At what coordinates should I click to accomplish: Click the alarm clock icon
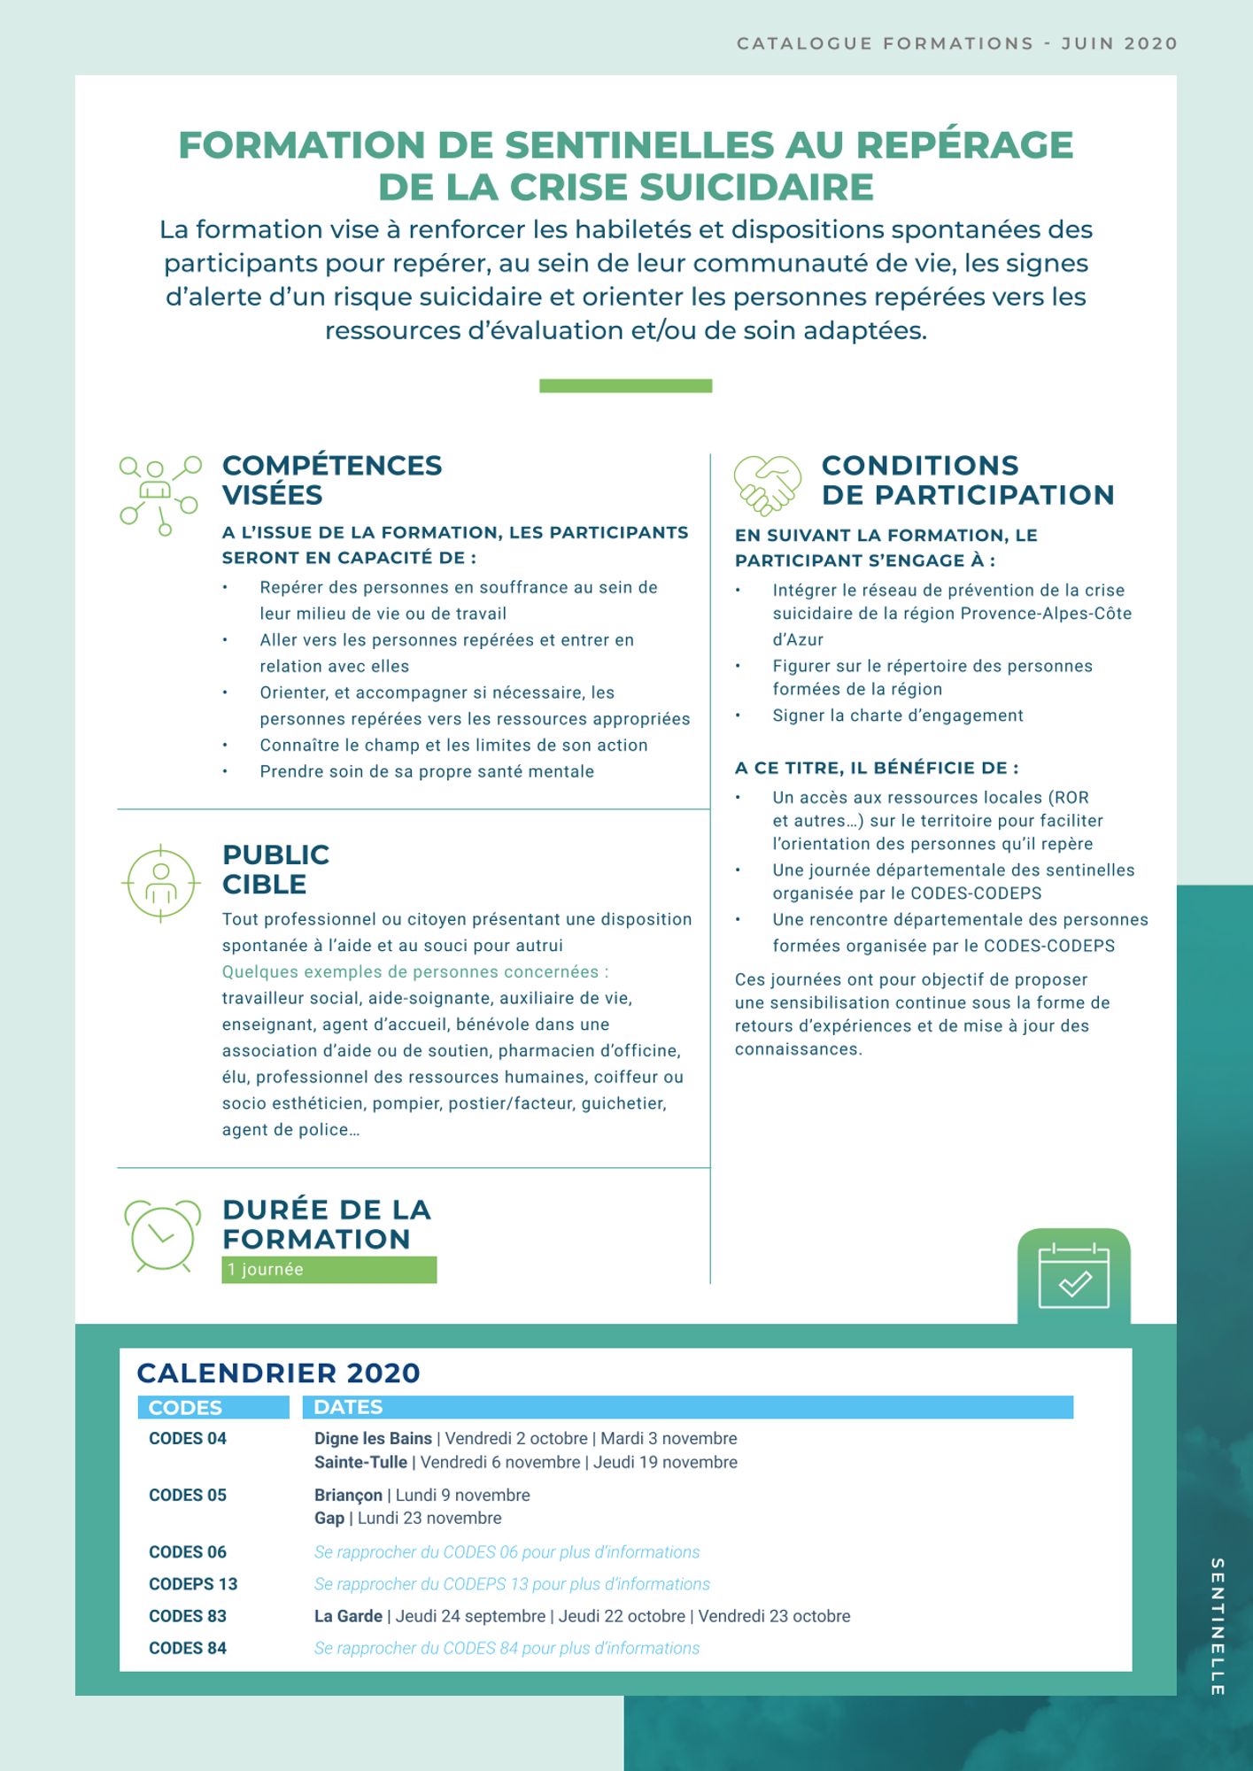[x=162, y=1235]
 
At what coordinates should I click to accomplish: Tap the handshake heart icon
[x=767, y=483]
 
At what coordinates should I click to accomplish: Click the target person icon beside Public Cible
[x=160, y=882]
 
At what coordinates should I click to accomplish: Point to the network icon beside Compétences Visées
[x=160, y=494]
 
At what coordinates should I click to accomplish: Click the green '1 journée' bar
[x=329, y=1269]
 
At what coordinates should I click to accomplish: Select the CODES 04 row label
[x=188, y=1438]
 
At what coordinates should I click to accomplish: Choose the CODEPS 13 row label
[x=193, y=1583]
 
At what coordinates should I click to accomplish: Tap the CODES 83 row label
[x=188, y=1615]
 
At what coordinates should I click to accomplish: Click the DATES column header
[x=348, y=1407]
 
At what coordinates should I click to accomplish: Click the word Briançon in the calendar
[x=348, y=1495]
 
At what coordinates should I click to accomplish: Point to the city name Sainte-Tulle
[x=360, y=1462]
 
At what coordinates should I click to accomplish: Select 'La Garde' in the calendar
[x=348, y=1615]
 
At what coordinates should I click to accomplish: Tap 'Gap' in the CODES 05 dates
[x=329, y=1518]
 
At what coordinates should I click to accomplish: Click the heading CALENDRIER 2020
[x=278, y=1373]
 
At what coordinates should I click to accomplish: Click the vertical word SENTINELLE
[x=1217, y=1627]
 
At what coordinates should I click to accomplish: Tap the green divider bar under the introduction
[x=625, y=385]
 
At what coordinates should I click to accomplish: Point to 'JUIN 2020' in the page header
[x=1118, y=43]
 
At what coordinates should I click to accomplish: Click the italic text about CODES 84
[x=507, y=1648]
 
